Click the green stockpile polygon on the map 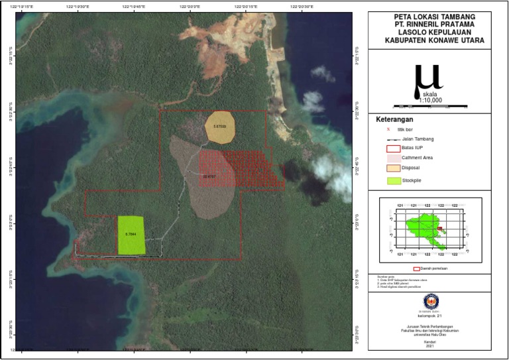[x=131, y=235]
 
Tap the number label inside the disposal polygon [x=219, y=126]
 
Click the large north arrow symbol [x=427, y=79]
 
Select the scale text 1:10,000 [x=430, y=100]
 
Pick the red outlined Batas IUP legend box [x=393, y=149]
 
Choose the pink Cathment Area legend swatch [x=393, y=158]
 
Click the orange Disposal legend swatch [x=393, y=168]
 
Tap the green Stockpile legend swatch [x=393, y=180]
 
